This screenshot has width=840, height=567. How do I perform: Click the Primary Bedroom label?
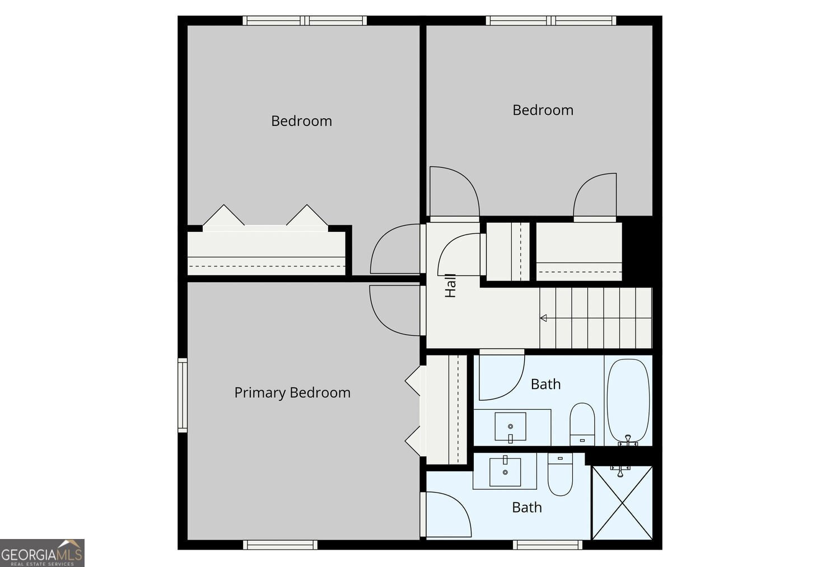(292, 393)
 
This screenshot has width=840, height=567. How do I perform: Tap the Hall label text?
(450, 285)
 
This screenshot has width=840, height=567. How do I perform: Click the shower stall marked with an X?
(622, 503)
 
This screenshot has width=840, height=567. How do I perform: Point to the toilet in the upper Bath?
(582, 424)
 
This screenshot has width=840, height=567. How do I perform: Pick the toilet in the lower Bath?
(560, 475)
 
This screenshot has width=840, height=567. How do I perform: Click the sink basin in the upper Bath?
(510, 427)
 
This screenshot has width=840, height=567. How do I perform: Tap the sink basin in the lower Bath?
(505, 472)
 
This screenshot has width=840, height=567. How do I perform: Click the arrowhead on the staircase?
(543, 318)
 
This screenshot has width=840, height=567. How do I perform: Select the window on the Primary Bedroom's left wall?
(182, 395)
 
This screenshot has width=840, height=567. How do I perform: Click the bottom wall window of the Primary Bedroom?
(280, 545)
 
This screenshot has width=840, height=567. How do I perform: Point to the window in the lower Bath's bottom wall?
(548, 545)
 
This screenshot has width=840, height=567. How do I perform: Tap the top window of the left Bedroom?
(305, 21)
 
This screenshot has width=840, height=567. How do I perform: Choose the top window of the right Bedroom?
(551, 21)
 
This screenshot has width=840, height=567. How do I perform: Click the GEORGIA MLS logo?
(42, 553)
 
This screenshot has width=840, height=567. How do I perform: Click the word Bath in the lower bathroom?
(527, 508)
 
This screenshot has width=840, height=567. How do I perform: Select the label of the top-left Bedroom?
(301, 121)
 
